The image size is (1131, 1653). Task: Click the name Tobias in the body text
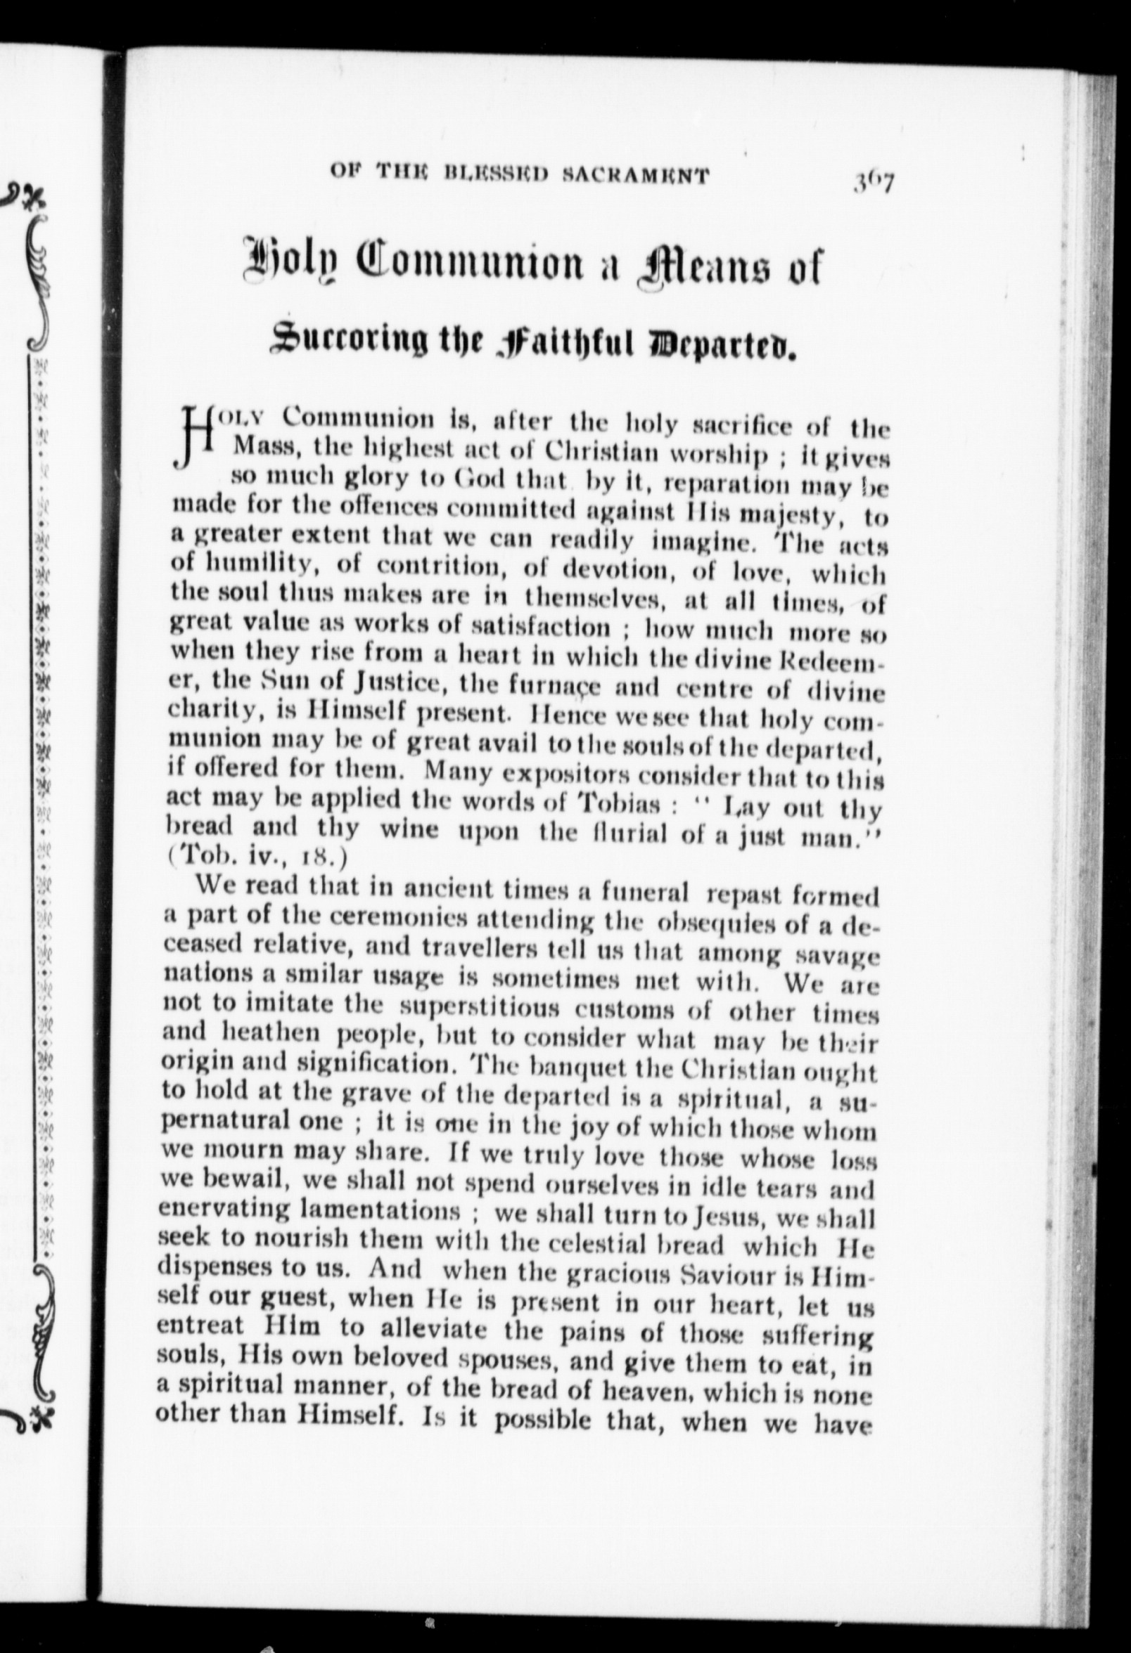[618, 805]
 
